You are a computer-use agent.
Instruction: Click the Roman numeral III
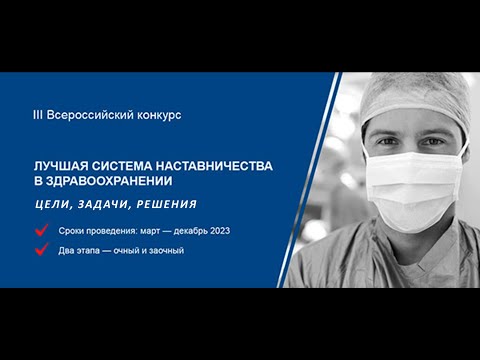37,115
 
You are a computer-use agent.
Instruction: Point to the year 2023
219,231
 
